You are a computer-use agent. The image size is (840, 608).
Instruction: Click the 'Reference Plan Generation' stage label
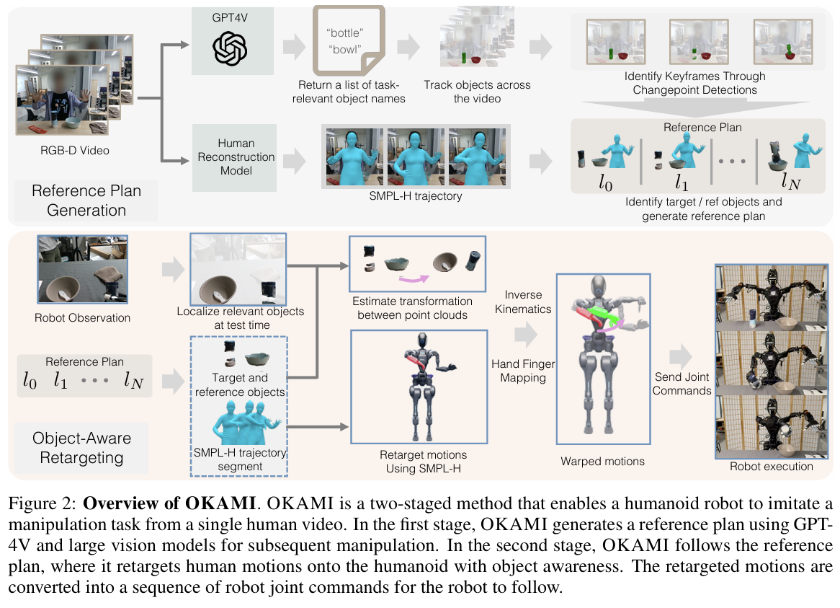86,201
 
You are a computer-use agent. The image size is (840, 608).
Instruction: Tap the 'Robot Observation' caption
82,317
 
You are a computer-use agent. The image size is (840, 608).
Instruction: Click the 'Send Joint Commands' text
682,384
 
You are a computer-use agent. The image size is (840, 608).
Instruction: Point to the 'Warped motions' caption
603,461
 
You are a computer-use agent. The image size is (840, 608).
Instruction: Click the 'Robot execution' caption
772,467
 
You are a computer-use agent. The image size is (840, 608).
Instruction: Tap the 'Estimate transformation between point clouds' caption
412,309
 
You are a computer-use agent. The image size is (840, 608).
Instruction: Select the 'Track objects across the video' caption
477,92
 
